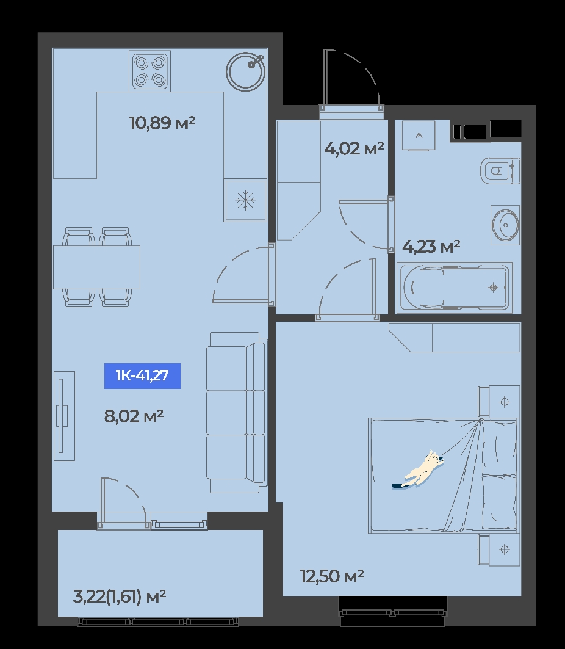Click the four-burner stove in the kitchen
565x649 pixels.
pos(149,71)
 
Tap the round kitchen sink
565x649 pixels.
pos(245,71)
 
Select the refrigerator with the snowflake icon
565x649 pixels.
pos(245,200)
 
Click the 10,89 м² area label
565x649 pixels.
pos(162,123)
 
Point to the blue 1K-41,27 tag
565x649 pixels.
pos(142,376)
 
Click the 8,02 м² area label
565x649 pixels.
pos(134,416)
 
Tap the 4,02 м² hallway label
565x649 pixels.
pos(354,148)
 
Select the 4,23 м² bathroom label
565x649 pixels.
pos(431,247)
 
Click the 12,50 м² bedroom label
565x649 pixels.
pos(332,576)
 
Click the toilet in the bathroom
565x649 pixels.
pos(500,170)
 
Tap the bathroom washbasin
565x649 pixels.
pos(505,225)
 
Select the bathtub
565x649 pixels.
pos(455,288)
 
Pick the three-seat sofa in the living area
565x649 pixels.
pos(237,413)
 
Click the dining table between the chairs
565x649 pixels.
pos(96,267)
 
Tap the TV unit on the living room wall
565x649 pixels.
pos(64,416)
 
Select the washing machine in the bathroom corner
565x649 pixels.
pos(419,136)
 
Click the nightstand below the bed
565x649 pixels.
pos(499,549)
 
